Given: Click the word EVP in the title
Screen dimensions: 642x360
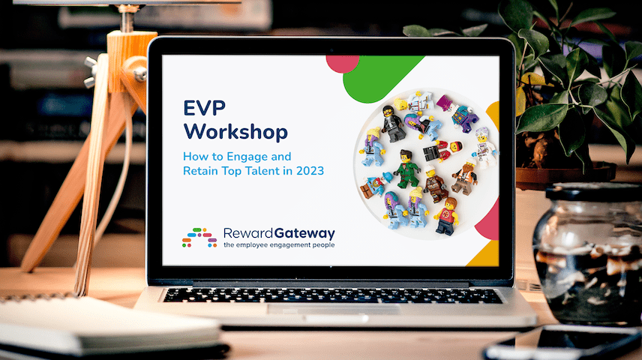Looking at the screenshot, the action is click(x=204, y=109).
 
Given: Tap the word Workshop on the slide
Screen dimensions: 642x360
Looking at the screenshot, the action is click(x=235, y=132).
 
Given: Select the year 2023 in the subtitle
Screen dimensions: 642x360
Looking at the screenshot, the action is click(x=310, y=171).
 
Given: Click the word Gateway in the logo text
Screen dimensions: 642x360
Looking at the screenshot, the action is click(x=305, y=234).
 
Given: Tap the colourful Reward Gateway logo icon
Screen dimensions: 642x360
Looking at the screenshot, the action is click(x=199, y=238).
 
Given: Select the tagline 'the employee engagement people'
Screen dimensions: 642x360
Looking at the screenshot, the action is click(x=279, y=245).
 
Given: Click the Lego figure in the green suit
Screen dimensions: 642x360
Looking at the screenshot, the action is click(x=406, y=168).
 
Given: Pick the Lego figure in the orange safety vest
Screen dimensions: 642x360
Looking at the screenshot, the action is click(x=465, y=177).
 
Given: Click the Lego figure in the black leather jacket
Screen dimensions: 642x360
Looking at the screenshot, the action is click(x=393, y=124).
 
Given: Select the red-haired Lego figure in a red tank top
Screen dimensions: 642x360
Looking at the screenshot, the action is click(x=447, y=216).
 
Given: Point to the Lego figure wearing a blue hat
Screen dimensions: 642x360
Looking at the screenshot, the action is click(x=376, y=184).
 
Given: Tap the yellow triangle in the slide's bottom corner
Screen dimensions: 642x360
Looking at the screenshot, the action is click(x=484, y=254).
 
